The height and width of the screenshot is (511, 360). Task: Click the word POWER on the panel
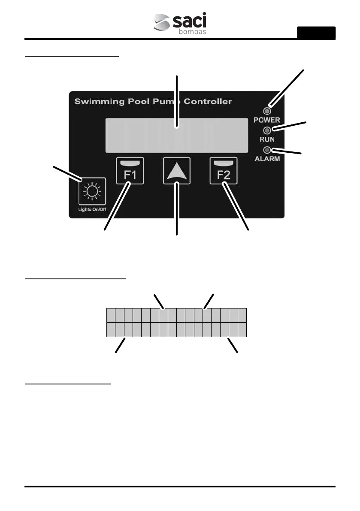(266, 120)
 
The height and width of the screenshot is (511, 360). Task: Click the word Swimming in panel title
(94, 102)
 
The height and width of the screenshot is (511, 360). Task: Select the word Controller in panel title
(207, 102)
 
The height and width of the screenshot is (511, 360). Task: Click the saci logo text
(189, 21)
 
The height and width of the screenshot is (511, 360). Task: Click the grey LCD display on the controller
(177, 135)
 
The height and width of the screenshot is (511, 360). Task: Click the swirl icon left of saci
(162, 23)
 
